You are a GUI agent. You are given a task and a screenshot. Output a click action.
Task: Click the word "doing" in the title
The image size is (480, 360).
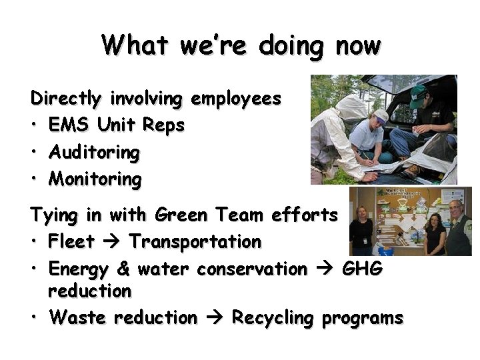[x=291, y=46]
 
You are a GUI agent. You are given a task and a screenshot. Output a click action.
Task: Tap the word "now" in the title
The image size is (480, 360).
[x=359, y=46]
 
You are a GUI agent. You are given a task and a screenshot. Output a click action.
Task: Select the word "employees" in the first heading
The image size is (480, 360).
[x=236, y=99]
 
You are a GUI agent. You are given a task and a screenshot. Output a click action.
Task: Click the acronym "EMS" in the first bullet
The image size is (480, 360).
[x=70, y=125]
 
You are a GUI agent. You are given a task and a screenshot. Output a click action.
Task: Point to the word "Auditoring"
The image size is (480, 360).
[x=94, y=153]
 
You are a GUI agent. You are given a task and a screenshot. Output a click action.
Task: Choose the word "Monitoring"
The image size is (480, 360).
[x=95, y=179]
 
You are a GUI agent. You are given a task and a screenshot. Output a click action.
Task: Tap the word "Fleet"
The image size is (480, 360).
[x=72, y=241]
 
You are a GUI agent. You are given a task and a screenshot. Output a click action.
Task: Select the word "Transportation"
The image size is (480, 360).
[x=195, y=241]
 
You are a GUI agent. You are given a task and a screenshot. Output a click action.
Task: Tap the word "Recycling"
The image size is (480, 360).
[x=272, y=319]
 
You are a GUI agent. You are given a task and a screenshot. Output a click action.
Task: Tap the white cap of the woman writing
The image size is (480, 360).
[x=380, y=115]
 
